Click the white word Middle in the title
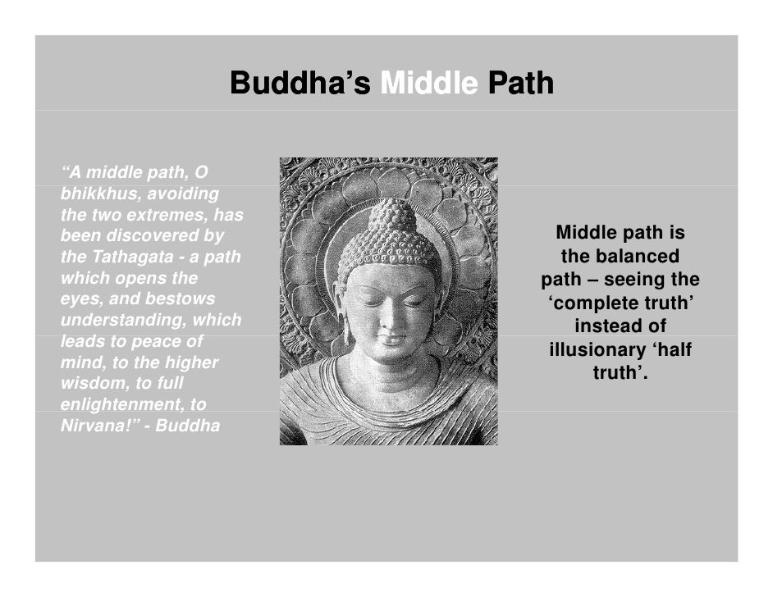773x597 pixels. tap(428, 84)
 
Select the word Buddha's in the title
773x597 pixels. tap(300, 84)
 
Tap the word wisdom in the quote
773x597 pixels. tap(88, 384)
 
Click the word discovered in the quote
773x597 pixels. tap(147, 237)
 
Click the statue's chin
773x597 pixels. tap(388, 354)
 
